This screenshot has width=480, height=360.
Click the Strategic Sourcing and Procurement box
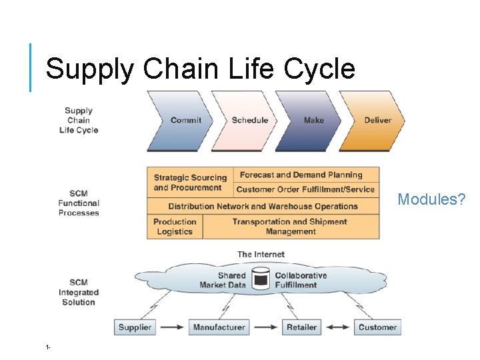(x=190, y=183)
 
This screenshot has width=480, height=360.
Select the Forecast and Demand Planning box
(x=306, y=175)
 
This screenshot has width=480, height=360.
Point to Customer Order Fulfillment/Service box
(x=306, y=189)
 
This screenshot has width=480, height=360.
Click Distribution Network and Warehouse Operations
(x=263, y=206)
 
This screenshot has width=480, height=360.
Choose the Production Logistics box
(x=175, y=227)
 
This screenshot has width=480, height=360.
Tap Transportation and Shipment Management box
(x=290, y=227)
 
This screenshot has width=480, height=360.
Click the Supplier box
(x=135, y=327)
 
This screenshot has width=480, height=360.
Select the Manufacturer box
(x=219, y=327)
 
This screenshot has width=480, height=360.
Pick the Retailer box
(x=301, y=327)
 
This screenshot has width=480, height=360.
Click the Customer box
(x=377, y=327)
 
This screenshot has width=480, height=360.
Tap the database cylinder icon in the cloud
(x=261, y=279)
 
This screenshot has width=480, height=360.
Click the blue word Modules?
(x=431, y=199)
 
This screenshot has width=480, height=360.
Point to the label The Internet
(x=261, y=254)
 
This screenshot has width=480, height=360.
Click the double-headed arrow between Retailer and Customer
(x=337, y=327)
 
